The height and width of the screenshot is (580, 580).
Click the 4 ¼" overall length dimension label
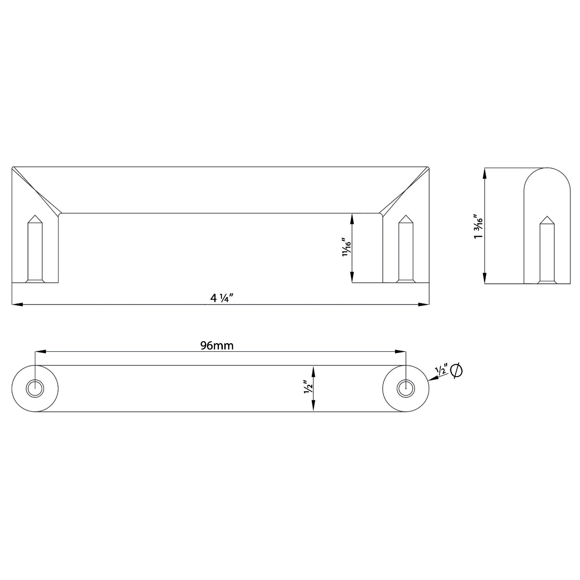coord(222,298)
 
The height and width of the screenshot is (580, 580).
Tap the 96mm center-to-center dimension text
coord(217,345)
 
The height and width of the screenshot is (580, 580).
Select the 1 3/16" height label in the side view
coord(478,226)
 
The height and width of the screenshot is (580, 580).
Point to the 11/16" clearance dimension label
coord(345,247)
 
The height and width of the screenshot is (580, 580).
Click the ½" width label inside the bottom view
coord(307,388)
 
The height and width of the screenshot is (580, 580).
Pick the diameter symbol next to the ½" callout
coord(456,371)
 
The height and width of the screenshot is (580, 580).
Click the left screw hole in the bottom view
coord(35,388)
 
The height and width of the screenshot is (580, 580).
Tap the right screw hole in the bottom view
coord(405,388)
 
